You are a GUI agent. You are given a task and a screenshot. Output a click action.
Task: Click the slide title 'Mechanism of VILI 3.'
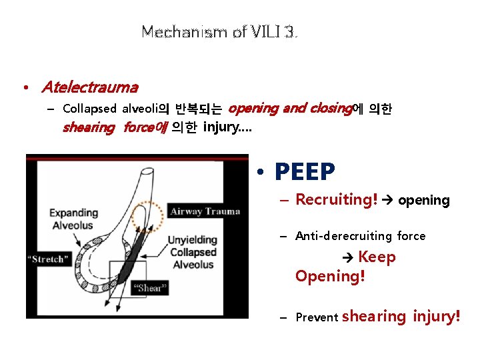pos(219,31)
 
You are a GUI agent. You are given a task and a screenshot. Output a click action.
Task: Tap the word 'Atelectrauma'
pos(89,87)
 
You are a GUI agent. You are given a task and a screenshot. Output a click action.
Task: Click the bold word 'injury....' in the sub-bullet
pos(228,127)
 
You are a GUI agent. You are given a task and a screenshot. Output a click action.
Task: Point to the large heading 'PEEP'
pos(305,173)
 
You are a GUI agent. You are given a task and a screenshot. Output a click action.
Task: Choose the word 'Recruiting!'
pos(337,199)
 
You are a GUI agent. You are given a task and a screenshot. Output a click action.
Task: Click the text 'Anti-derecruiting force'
pos(360,235)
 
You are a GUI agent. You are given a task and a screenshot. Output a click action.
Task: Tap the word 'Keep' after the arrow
pos(377,257)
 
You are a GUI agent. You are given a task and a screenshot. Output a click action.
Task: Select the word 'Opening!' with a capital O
pos(330,276)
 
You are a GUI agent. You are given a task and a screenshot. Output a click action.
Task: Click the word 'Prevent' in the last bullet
pos(317,318)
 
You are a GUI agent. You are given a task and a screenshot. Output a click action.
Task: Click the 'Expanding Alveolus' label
pos(73,219)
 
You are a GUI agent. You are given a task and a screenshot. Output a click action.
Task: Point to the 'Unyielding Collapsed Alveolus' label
pos(193,252)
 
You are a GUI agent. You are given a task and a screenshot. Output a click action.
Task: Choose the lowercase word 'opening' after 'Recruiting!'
pos(424,200)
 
